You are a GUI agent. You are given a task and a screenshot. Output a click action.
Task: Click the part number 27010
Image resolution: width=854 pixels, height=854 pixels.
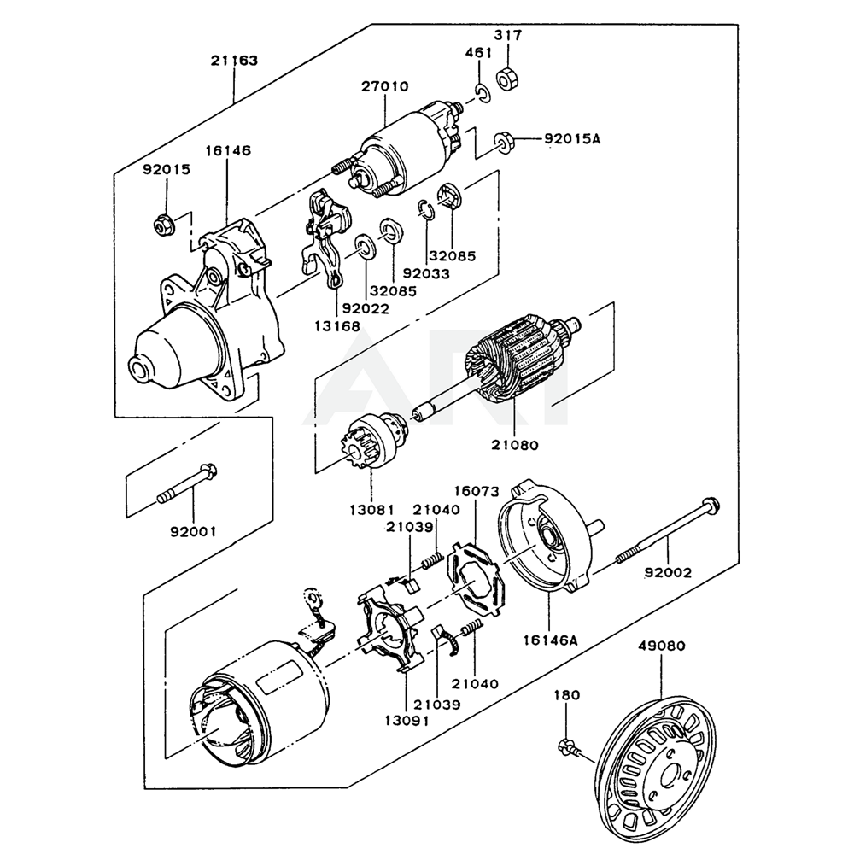coord(384,86)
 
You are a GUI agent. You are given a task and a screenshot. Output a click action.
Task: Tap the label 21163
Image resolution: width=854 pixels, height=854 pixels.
coord(234,61)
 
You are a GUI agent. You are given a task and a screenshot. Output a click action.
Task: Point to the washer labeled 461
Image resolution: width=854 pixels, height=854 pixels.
coord(482,93)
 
